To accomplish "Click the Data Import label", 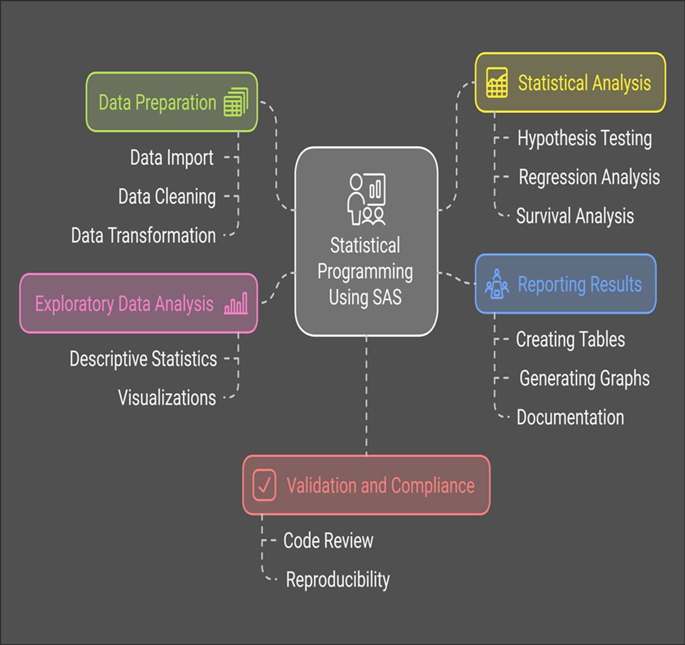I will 172,158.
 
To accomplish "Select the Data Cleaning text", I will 167,197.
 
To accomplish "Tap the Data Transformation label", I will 143,236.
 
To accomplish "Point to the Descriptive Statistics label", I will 143,359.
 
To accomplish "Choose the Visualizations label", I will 167,398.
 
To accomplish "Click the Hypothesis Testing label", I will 584,138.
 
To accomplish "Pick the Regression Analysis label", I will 589,177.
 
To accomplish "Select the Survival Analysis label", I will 575,216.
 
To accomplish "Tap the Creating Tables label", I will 570,340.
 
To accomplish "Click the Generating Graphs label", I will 584,378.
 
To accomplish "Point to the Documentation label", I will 570,417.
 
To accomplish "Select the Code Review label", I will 328,541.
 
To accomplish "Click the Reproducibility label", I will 338,579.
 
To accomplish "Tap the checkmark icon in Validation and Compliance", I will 264,484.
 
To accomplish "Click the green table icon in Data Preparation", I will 236,102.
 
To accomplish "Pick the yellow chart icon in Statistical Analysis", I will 497,82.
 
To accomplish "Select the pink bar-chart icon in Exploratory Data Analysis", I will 236,304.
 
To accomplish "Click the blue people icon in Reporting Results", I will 496,284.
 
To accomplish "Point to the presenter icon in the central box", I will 366,199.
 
